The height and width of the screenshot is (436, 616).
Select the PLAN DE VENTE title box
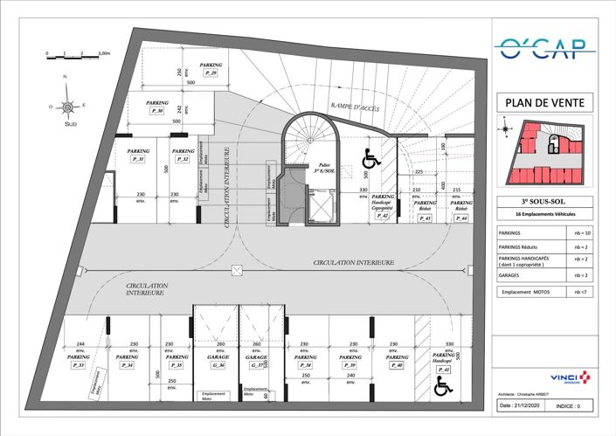(545, 102)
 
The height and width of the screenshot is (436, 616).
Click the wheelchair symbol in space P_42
(370, 160)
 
